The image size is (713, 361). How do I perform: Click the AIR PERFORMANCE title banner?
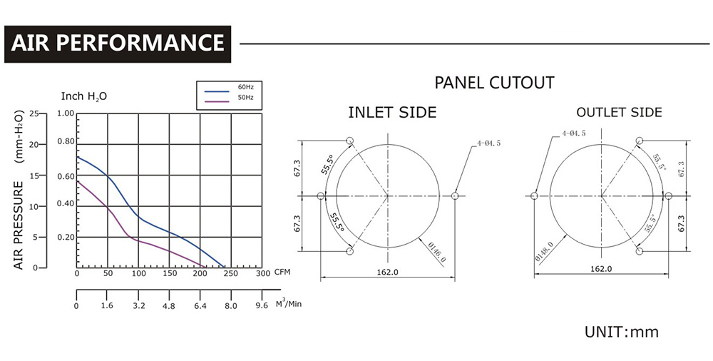point(118,44)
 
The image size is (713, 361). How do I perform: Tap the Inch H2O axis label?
point(84,96)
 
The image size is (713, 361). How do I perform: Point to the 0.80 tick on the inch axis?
point(66,141)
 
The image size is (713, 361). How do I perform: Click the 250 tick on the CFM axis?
point(230,273)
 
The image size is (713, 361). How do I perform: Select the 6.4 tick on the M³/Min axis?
point(200,306)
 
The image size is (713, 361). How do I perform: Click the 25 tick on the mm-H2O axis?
point(34,113)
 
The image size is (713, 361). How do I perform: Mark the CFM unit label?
point(282,273)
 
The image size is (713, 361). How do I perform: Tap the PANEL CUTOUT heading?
point(494,83)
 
